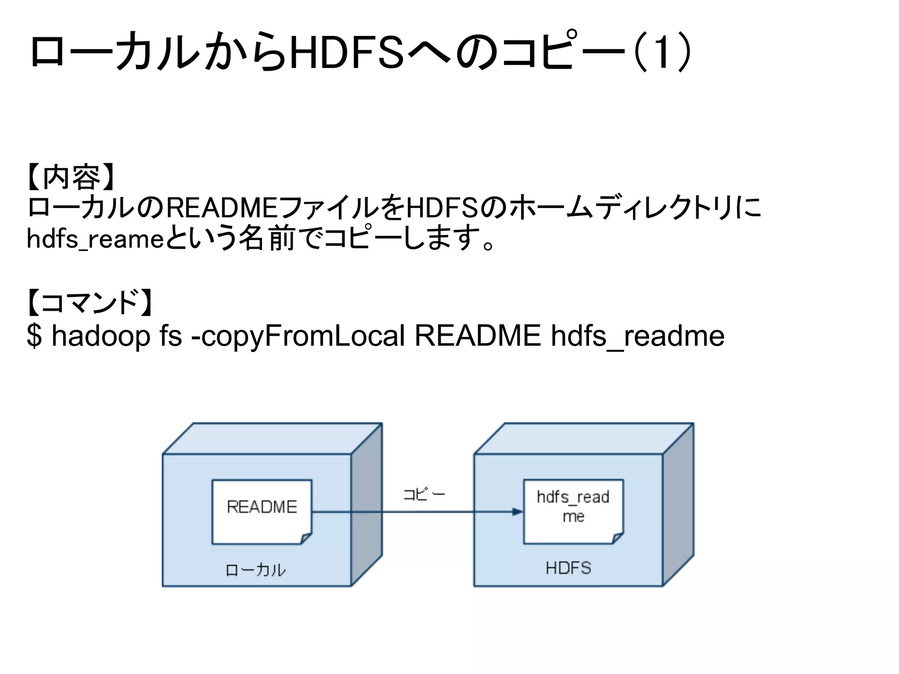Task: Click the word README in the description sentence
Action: click(x=222, y=208)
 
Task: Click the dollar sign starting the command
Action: click(x=34, y=336)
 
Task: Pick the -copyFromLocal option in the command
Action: click(x=298, y=336)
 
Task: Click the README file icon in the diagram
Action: click(x=262, y=512)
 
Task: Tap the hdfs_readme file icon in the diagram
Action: click(x=573, y=511)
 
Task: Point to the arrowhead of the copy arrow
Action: click(x=518, y=512)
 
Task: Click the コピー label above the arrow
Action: click(x=424, y=495)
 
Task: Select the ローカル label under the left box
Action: click(x=255, y=570)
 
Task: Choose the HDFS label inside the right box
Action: click(x=568, y=568)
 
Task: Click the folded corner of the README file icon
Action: click(x=306, y=538)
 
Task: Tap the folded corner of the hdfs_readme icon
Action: click(x=618, y=538)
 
